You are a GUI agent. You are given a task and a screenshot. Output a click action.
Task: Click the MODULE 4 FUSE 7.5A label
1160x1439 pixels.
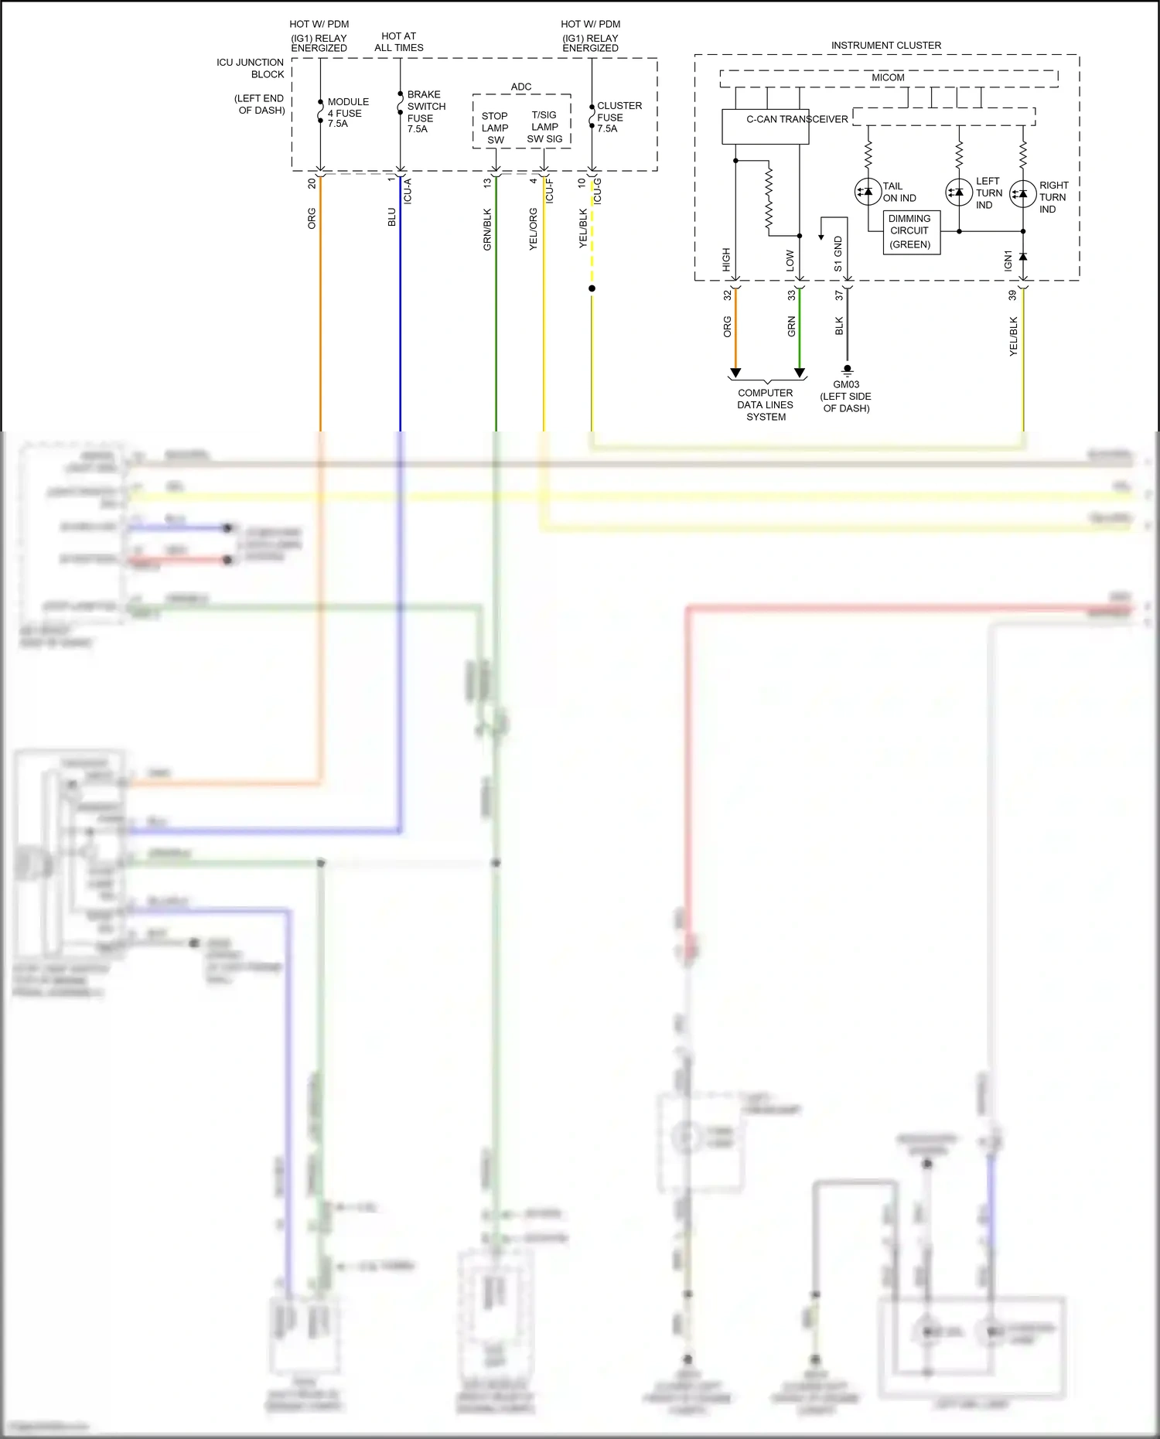(x=347, y=112)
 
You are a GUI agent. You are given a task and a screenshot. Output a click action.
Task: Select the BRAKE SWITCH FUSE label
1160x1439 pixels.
(x=425, y=111)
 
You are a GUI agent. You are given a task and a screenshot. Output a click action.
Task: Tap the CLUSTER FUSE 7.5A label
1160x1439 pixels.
(x=619, y=117)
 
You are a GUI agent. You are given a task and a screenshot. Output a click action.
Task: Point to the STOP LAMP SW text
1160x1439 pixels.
(x=495, y=128)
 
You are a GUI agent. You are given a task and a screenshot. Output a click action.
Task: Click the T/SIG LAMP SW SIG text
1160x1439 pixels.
(x=544, y=127)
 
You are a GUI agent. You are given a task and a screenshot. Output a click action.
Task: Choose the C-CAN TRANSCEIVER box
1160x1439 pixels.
(x=765, y=127)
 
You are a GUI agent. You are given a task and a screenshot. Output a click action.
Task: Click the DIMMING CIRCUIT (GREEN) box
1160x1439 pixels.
(x=911, y=232)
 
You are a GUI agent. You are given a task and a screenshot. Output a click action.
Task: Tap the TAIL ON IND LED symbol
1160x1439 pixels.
(x=868, y=191)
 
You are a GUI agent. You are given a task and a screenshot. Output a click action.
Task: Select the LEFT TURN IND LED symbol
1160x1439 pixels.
(x=959, y=191)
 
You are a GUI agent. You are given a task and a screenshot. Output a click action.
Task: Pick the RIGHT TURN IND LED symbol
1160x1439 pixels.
(x=1023, y=193)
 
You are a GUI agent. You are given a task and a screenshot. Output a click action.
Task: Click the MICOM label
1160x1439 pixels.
(x=888, y=78)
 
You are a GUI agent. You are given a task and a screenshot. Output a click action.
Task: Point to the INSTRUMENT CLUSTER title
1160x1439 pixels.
(x=886, y=46)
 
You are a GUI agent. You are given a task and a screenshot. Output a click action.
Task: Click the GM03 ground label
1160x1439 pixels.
(x=846, y=384)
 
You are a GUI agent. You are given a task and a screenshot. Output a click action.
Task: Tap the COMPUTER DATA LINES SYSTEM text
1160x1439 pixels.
(x=766, y=404)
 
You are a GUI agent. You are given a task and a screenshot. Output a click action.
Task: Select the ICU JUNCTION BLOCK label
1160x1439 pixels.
(x=251, y=68)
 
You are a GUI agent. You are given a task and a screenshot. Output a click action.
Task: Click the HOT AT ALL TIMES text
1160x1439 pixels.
(x=399, y=42)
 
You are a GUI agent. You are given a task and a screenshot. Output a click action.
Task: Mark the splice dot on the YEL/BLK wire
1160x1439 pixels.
(x=592, y=288)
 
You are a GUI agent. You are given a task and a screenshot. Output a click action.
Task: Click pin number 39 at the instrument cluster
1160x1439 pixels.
(x=1012, y=295)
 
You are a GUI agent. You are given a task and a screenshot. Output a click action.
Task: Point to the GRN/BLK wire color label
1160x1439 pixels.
(x=487, y=229)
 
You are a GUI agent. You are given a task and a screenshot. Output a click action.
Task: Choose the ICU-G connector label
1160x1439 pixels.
(x=598, y=191)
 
